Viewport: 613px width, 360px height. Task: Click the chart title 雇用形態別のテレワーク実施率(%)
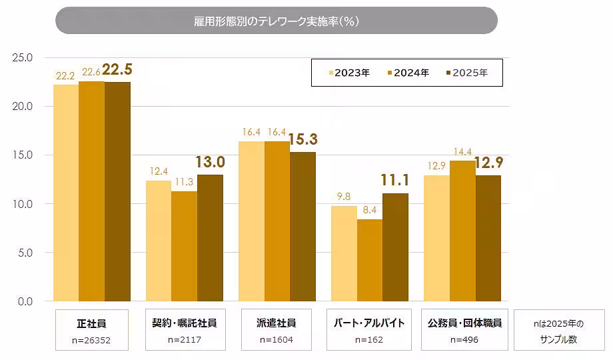276,21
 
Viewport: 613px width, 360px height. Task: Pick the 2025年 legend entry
466,73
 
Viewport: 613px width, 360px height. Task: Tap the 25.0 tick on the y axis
23,58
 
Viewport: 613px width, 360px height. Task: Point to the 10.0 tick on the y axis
23,204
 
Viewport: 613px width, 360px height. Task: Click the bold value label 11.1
395,179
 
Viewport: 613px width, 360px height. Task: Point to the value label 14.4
462,152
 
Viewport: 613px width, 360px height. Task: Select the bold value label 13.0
210,161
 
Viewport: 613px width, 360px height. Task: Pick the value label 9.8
344,197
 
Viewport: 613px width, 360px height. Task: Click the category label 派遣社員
276,323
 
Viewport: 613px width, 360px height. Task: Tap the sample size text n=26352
91,339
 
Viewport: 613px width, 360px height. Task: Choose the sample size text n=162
369,339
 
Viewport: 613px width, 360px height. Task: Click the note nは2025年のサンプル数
558,331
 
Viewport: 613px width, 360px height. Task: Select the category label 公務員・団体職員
464,323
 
